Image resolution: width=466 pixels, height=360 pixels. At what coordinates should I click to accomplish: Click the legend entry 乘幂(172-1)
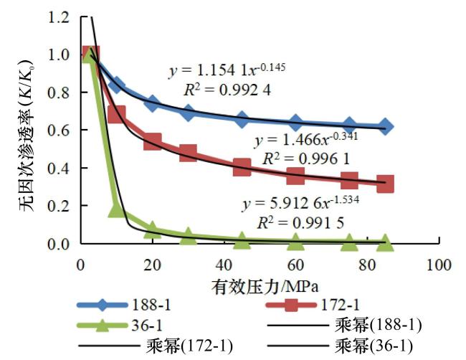[x=189, y=347]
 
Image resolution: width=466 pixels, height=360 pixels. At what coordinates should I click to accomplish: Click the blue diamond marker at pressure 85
[x=385, y=127]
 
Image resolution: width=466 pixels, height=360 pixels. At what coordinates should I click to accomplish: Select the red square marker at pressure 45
[x=242, y=168]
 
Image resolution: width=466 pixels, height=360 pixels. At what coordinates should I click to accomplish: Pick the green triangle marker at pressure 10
[x=116, y=209]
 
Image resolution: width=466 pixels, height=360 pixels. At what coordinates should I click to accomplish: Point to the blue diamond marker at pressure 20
[x=152, y=104]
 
